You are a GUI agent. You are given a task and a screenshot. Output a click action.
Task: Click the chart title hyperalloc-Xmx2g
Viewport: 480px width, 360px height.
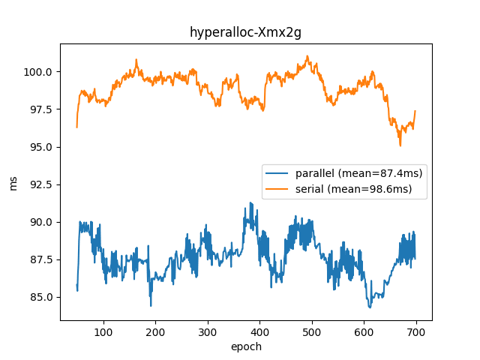tap(245, 32)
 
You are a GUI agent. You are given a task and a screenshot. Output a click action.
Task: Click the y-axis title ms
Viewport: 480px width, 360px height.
tap(13, 182)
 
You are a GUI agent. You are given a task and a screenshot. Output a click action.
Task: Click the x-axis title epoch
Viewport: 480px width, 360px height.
tap(245, 346)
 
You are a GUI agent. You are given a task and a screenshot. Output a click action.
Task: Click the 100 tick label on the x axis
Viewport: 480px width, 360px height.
tap(103, 331)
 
